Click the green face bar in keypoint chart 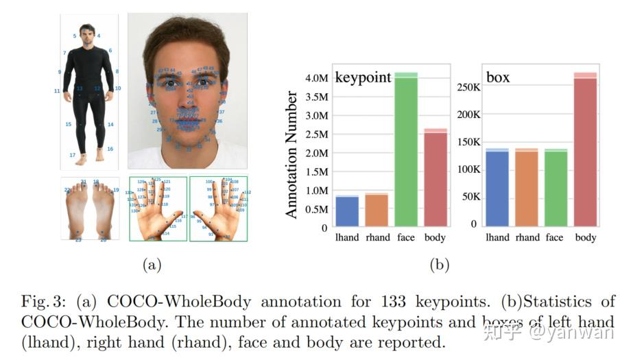[x=406, y=151]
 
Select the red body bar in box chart [x=585, y=151]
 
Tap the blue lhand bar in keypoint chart [x=347, y=211]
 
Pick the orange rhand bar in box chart [x=527, y=189]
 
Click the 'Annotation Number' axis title [x=292, y=155]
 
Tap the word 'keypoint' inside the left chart [x=363, y=77]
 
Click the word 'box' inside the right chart [x=498, y=77]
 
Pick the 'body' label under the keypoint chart [x=435, y=238]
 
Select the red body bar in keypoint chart [x=435, y=178]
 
